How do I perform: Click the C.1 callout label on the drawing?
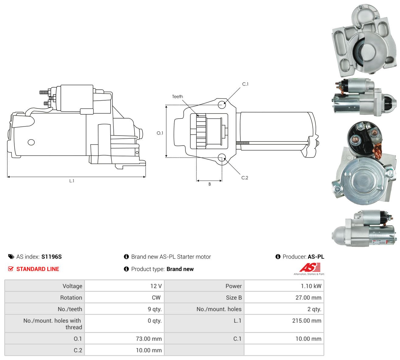pyautogui.click(x=245, y=84)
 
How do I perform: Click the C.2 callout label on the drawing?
pyautogui.click(x=245, y=178)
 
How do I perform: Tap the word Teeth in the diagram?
pyautogui.click(x=178, y=97)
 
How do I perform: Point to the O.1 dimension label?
pyautogui.click(x=160, y=133)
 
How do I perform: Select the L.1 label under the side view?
pyautogui.click(x=72, y=181)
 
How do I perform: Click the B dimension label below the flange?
pyautogui.click(x=209, y=184)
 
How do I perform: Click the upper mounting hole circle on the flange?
pyautogui.click(x=222, y=105)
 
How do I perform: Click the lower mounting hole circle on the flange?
pyautogui.click(x=222, y=157)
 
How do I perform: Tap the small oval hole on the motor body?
pyautogui.click(x=31, y=142)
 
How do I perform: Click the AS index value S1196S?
pyautogui.click(x=51, y=257)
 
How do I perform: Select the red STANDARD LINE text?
pyautogui.click(x=38, y=269)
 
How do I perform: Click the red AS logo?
pyautogui.click(x=310, y=267)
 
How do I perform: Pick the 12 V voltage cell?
pyautogui.click(x=156, y=286)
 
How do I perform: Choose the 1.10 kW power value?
pyautogui.click(x=311, y=286)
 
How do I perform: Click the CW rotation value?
pyautogui.click(x=156, y=298)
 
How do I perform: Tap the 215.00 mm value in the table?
pyautogui.click(x=307, y=321)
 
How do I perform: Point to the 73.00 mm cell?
pyautogui.click(x=149, y=339)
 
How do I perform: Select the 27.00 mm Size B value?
pyautogui.click(x=308, y=298)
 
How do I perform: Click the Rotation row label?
pyautogui.click(x=71, y=298)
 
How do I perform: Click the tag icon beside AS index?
pyautogui.click(x=11, y=257)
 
